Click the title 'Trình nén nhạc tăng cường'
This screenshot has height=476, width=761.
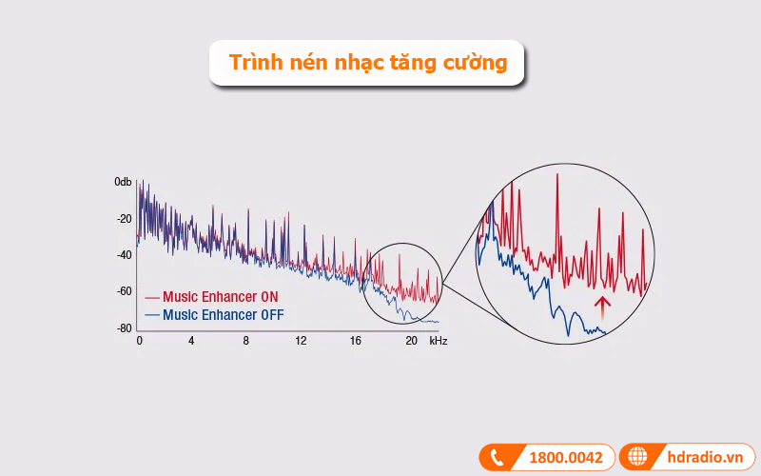(x=367, y=63)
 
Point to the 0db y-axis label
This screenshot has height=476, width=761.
(x=123, y=181)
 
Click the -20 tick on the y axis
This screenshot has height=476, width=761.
(x=124, y=218)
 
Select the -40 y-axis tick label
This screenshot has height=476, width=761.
(x=124, y=255)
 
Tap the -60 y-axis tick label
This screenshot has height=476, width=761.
(x=124, y=291)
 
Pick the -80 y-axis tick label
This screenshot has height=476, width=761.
(x=124, y=328)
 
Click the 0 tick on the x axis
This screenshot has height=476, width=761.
(x=139, y=341)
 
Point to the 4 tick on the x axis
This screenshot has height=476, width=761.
(x=191, y=341)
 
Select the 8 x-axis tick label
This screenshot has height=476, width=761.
(x=245, y=341)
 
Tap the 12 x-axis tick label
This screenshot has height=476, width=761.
(x=301, y=341)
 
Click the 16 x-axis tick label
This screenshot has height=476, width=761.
(x=356, y=341)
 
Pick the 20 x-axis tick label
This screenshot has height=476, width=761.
(x=411, y=341)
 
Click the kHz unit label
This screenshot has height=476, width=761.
(x=438, y=341)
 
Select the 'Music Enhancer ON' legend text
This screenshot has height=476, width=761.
(x=221, y=297)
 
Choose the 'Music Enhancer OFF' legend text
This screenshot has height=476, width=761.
(x=223, y=315)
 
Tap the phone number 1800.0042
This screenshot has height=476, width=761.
(x=565, y=458)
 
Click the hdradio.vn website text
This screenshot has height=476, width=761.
(x=706, y=458)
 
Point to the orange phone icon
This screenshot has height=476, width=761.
(x=497, y=458)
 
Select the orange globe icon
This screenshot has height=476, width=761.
(x=637, y=458)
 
